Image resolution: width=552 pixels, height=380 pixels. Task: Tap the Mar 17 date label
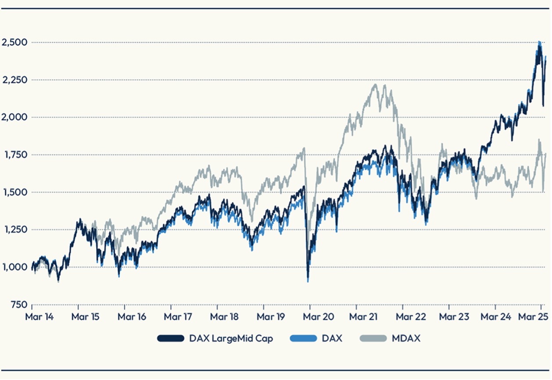point(178,317)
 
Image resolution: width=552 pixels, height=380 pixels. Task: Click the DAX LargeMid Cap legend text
point(231,338)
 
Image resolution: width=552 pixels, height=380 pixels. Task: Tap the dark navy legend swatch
point(170,338)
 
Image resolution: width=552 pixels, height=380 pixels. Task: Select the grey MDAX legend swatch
point(373,338)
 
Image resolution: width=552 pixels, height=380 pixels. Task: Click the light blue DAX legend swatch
point(303,338)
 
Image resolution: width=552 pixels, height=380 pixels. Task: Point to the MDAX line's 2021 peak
point(376,84)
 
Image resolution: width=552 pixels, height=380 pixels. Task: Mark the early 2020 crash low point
point(308,281)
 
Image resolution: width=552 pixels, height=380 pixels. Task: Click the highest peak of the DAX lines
point(539,42)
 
